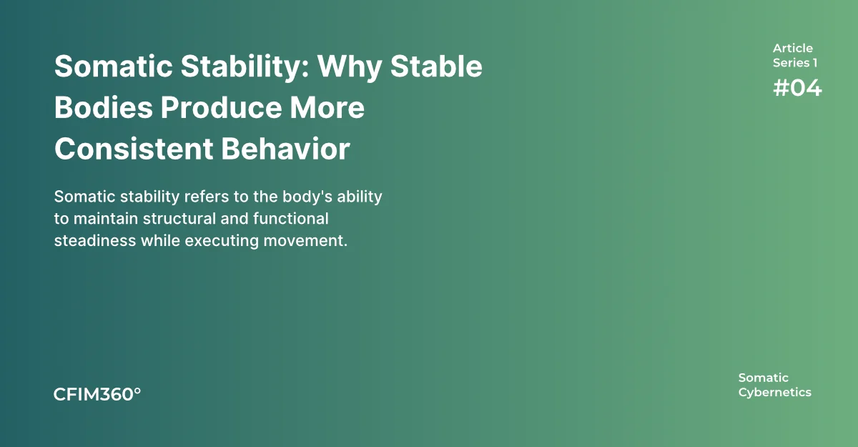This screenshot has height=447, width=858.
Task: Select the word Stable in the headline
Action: [436, 67]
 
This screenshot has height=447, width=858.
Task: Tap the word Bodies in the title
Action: [104, 107]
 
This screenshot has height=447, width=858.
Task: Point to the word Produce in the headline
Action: [221, 107]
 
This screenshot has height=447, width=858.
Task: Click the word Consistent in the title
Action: [134, 149]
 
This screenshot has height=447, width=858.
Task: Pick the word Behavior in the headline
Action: [286, 149]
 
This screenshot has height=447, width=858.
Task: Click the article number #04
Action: [797, 88]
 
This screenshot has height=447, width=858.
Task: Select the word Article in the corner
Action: [792, 48]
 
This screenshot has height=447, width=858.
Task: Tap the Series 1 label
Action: [795, 63]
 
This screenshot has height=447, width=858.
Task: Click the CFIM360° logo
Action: [97, 394]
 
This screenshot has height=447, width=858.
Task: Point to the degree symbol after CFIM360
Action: [137, 391]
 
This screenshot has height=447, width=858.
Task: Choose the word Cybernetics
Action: [774, 393]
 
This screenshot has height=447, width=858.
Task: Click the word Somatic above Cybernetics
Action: [763, 378]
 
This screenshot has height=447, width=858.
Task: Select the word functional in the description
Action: [291, 219]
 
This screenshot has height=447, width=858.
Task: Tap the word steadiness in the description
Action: [95, 241]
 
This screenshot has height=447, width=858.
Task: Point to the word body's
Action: [307, 197]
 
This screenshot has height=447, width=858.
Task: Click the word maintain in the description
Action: [106, 219]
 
